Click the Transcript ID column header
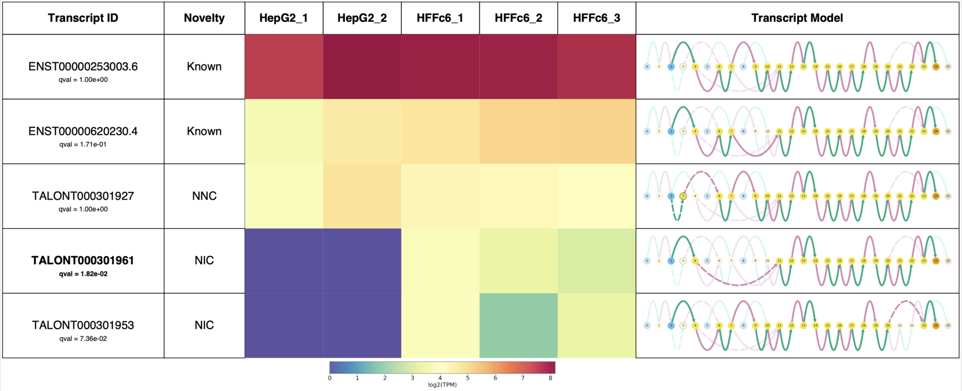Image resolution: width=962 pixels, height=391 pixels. click(83, 18)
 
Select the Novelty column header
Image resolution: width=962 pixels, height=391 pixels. click(204, 18)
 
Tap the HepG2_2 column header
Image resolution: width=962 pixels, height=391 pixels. click(362, 18)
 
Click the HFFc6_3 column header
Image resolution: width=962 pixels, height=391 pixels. click(597, 18)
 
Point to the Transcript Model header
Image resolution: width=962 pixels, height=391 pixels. click(797, 18)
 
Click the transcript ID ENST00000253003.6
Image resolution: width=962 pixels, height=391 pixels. click(83, 66)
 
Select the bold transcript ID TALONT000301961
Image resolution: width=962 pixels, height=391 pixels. click(83, 260)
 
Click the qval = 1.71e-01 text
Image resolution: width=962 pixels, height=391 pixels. click(83, 145)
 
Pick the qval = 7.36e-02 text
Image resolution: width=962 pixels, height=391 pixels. click(83, 339)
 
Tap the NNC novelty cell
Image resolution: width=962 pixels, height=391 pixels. click(204, 196)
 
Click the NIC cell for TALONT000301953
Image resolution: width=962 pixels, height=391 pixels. click(204, 325)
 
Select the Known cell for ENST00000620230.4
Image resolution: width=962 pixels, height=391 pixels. click(204, 131)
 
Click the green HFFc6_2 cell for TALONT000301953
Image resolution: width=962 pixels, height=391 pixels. click(518, 326)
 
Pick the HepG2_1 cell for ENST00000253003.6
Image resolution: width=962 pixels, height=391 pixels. click(284, 66)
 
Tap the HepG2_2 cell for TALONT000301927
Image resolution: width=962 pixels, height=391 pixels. click(362, 196)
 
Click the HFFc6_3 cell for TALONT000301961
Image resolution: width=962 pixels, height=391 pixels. click(597, 261)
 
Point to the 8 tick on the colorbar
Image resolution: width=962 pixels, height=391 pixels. click(550, 378)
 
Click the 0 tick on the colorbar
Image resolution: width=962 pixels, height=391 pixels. click(330, 378)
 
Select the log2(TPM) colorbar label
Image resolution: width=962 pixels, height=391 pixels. click(442, 385)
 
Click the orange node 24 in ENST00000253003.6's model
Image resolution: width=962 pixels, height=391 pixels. click(936, 66)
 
